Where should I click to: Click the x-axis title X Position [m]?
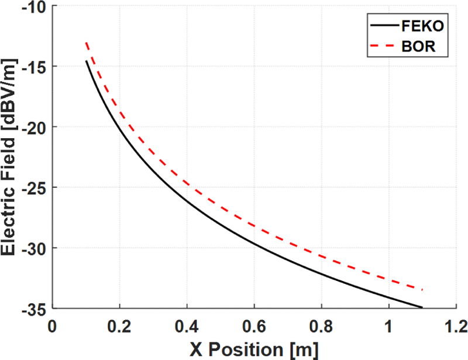point(254,349)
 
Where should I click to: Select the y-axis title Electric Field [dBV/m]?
point(11,157)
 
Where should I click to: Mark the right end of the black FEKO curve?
point(421,307)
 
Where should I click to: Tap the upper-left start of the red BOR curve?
point(86,42)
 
